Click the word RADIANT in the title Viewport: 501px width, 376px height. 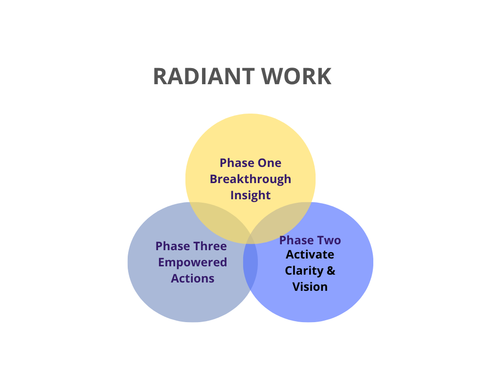pos(204,76)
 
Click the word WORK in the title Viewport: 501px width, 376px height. pos(296,76)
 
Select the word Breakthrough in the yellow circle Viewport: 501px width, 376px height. pos(250,179)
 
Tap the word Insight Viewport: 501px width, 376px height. pos(250,195)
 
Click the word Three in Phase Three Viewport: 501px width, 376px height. pos(209,246)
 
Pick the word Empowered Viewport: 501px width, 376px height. pos(193,262)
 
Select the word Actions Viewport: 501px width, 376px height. pos(193,279)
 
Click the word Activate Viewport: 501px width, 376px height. pos(310,255)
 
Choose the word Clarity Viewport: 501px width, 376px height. pos(304,271)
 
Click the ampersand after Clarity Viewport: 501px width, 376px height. pos(331,271)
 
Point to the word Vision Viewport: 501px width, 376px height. pos(310,287)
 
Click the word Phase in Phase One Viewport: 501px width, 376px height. pos(237,163)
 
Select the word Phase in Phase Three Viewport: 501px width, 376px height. pos(173,246)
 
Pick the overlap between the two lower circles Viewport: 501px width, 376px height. pos(250,262)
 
